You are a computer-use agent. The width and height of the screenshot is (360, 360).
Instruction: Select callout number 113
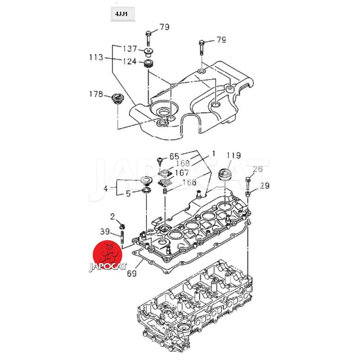coord(96,57)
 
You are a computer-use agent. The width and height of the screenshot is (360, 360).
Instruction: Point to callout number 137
coord(130,49)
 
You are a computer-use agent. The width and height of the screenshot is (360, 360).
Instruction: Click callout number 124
coord(130,61)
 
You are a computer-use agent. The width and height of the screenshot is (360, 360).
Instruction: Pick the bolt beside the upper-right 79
coord(201,46)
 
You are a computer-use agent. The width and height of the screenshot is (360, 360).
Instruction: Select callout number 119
coord(234,156)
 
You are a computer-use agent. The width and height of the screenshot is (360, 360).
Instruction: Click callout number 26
coord(257,169)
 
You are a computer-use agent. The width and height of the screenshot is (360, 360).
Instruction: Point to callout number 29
coord(265,185)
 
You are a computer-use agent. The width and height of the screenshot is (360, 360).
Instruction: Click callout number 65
coord(174,157)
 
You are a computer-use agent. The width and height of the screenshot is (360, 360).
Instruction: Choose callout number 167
coord(182,172)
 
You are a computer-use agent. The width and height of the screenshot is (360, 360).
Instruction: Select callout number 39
coord(104,232)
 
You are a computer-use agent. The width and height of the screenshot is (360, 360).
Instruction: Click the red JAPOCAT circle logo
coord(107,254)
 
